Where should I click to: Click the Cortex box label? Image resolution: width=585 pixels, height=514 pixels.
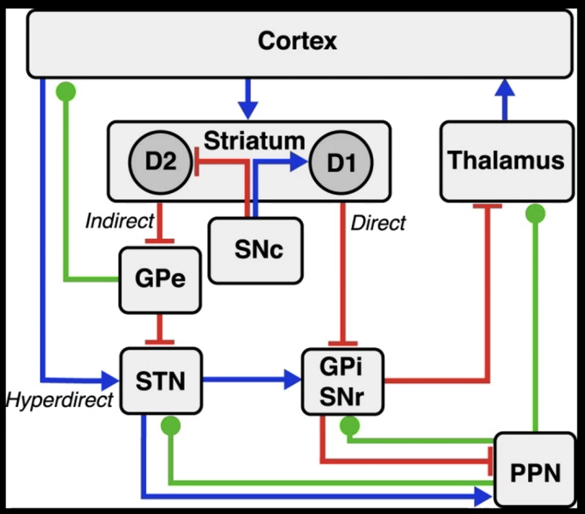click(298, 40)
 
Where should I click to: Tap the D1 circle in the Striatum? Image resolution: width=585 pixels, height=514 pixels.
click(341, 163)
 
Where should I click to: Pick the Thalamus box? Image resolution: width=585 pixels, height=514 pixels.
click(506, 161)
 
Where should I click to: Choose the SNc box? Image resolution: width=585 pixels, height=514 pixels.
click(255, 250)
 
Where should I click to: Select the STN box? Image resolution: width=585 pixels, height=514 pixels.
click(161, 380)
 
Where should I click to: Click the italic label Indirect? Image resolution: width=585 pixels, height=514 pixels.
click(119, 221)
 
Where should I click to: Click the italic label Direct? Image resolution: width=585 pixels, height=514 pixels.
click(378, 223)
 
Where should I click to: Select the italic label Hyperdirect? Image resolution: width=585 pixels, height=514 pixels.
click(59, 400)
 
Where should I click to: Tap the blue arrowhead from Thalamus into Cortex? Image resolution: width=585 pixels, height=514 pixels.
click(506, 88)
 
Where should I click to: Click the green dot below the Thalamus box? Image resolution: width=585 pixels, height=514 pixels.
click(536, 215)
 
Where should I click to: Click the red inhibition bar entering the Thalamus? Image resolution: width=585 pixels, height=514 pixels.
click(488, 205)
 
